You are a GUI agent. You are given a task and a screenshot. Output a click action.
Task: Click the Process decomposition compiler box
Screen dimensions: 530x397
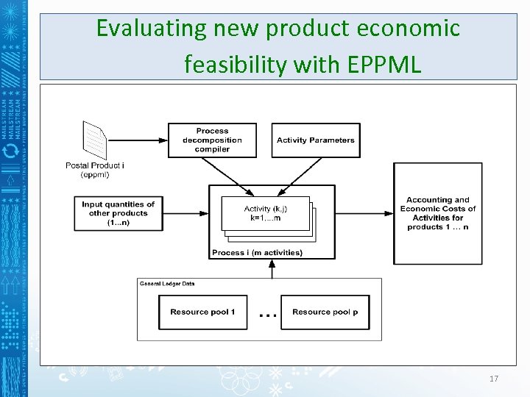pyautogui.click(x=212, y=140)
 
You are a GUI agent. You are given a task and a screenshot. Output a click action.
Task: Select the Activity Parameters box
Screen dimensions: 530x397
pyautogui.click(x=315, y=140)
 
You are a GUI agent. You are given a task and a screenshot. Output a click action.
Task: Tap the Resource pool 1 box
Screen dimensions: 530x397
pyautogui.click(x=202, y=312)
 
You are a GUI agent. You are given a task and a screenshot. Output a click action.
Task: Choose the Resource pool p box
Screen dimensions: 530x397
pyautogui.click(x=325, y=312)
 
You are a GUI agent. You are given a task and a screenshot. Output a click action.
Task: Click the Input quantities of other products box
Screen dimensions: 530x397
pyautogui.click(x=119, y=213)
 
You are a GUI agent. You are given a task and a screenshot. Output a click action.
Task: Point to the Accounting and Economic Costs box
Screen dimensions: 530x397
pyautogui.click(x=437, y=213)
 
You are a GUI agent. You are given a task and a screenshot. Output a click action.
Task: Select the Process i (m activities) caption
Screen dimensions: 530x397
pyautogui.click(x=257, y=253)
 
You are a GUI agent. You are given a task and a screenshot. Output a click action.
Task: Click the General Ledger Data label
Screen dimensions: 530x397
pyautogui.click(x=167, y=283)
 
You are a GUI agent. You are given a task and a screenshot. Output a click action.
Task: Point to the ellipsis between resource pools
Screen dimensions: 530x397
pyautogui.click(x=268, y=315)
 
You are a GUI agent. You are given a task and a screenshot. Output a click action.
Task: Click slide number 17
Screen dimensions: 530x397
pyautogui.click(x=493, y=379)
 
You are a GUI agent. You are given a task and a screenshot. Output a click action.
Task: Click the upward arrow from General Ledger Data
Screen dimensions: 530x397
pyautogui.click(x=272, y=269)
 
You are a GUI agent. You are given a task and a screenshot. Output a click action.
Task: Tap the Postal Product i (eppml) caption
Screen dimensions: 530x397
pyautogui.click(x=95, y=170)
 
